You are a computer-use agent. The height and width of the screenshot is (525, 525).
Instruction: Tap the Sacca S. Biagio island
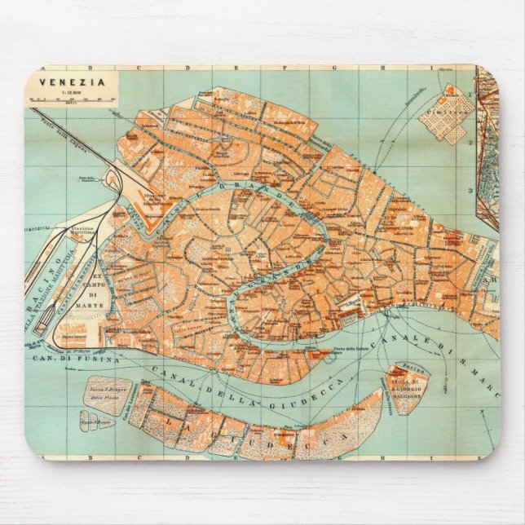point(107,395)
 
